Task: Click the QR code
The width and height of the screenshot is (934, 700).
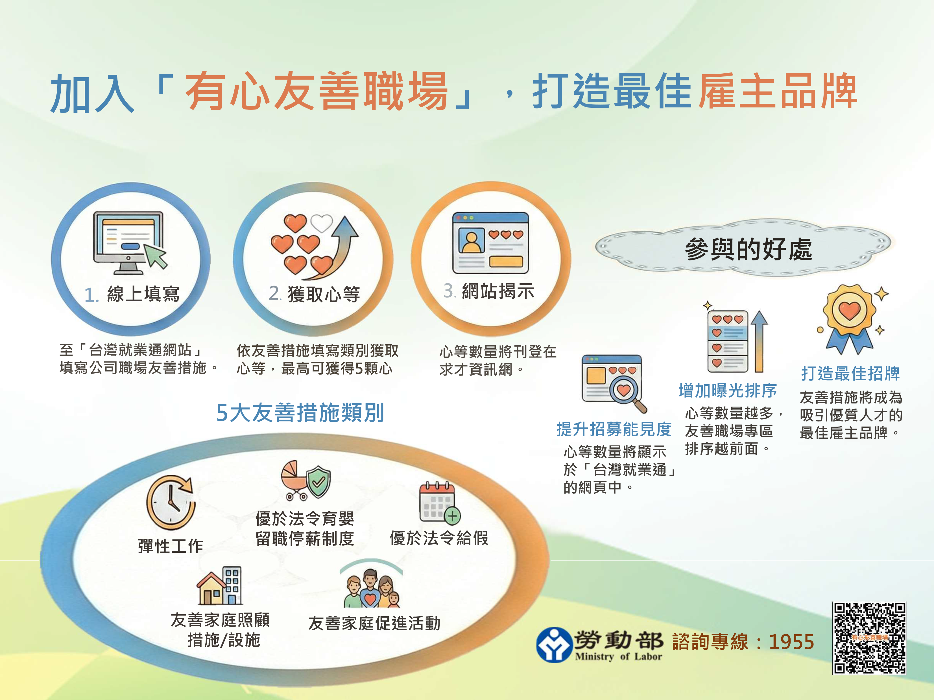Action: [869, 638]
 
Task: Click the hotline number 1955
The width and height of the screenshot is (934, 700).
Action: [791, 642]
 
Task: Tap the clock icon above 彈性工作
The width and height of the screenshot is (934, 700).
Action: [171, 502]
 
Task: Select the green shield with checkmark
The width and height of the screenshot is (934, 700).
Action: [319, 482]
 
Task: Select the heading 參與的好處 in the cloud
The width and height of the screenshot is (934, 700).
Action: [748, 249]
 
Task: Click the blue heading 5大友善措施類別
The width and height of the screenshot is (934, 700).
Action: [300, 412]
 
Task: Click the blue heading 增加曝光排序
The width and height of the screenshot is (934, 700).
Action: [728, 390]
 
